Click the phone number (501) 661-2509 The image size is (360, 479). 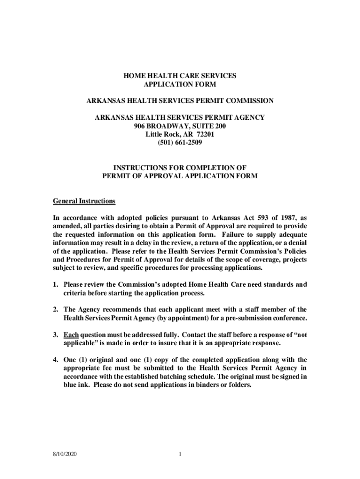[x=180, y=143]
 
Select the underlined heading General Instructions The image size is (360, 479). [x=84, y=201]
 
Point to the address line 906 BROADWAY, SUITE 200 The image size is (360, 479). [x=180, y=126]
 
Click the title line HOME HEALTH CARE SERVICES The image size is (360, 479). [x=180, y=75]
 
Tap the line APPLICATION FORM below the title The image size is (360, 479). [x=180, y=84]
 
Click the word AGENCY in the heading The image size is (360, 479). [x=248, y=117]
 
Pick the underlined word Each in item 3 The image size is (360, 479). [x=71, y=335]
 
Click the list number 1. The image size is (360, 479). [x=55, y=284]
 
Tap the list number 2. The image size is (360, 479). [x=55, y=310]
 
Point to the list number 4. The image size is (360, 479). [x=55, y=360]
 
